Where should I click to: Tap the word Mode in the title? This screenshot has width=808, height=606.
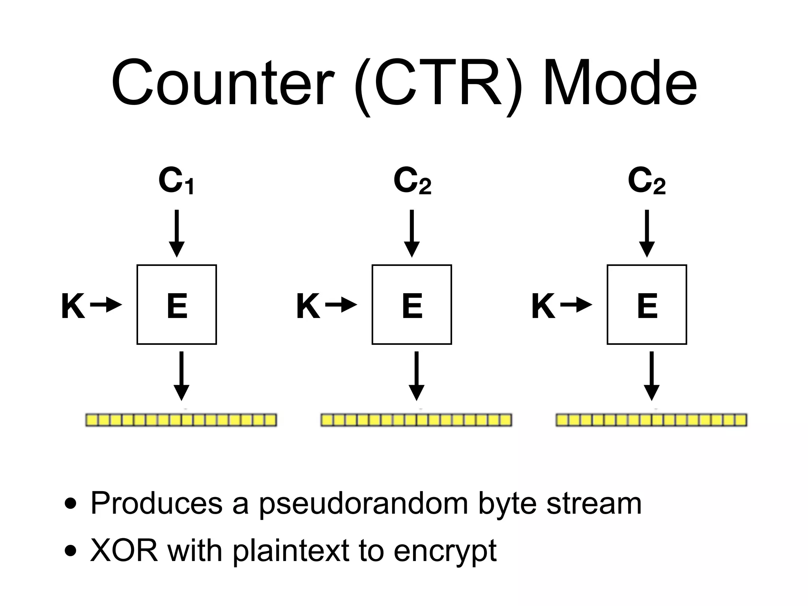click(x=620, y=84)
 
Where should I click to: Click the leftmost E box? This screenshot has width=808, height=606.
click(x=177, y=305)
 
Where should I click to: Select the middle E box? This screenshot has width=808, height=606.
click(x=411, y=305)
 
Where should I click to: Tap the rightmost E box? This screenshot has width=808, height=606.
click(x=647, y=305)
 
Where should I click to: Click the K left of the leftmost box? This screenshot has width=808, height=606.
click(x=73, y=306)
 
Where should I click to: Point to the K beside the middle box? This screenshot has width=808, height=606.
click(x=308, y=306)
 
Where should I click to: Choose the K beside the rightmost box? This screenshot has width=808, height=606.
click(x=543, y=306)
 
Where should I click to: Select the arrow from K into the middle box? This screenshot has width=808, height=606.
click(x=341, y=305)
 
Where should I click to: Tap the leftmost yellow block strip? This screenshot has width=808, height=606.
click(x=181, y=420)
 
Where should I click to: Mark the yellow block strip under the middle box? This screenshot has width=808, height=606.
click(x=416, y=420)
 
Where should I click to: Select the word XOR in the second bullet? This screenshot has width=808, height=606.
click(x=124, y=551)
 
